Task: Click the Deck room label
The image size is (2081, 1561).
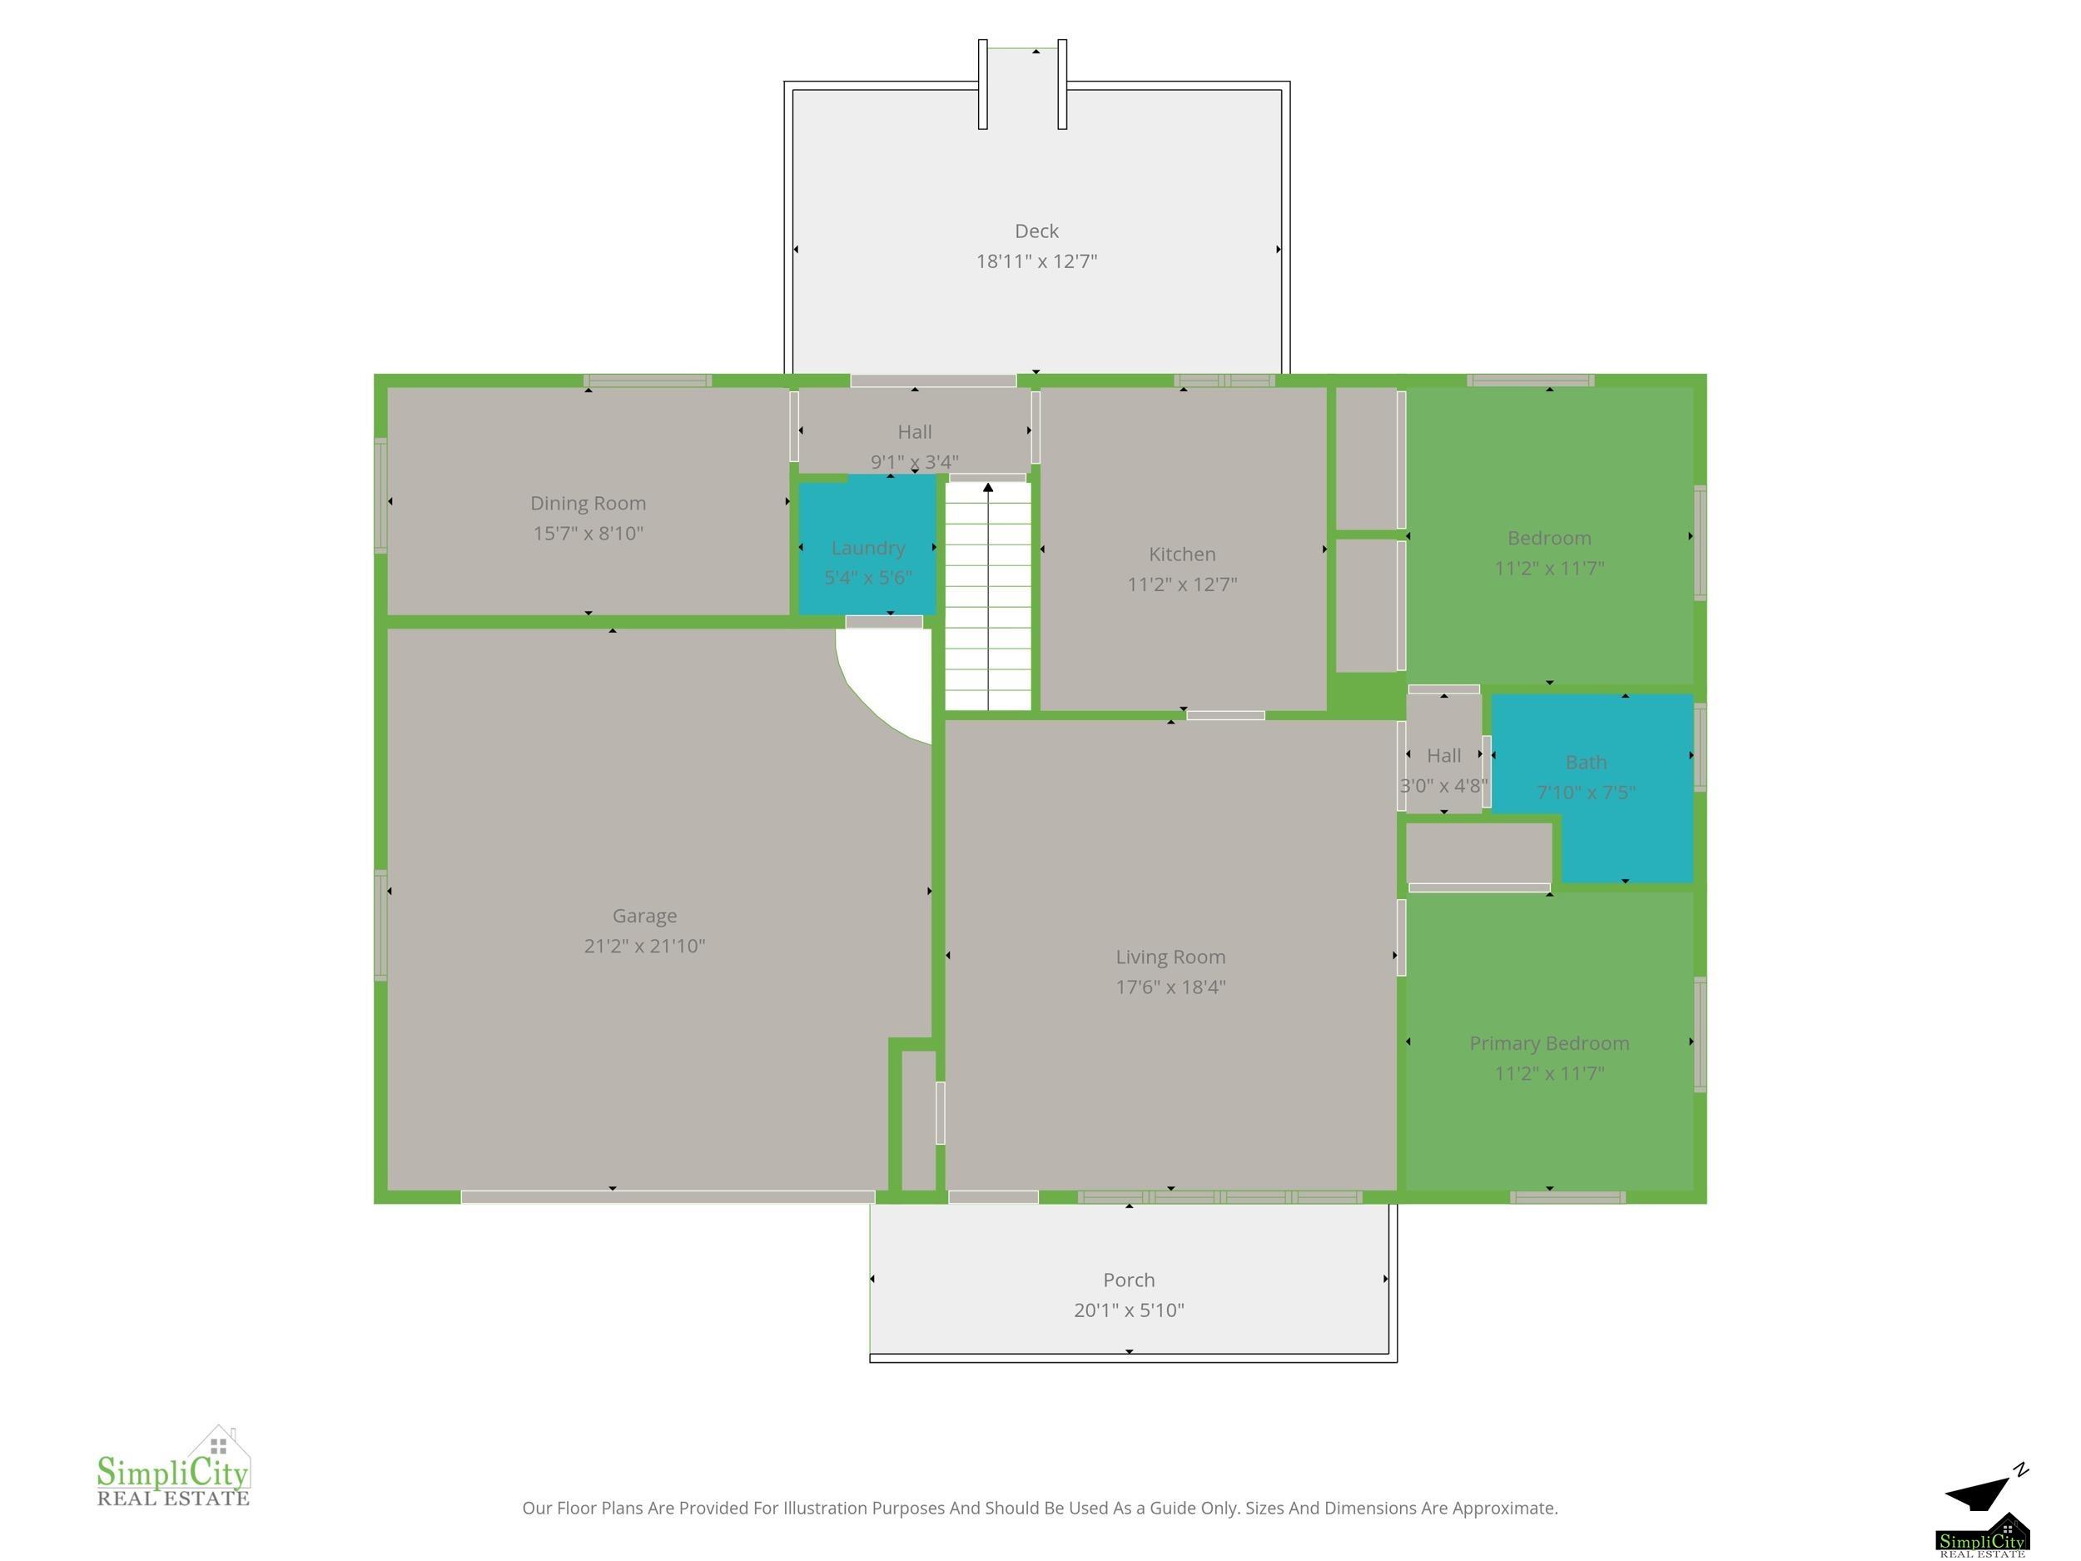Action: coord(1036,231)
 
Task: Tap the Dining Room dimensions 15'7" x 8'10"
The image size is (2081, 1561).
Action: coord(588,534)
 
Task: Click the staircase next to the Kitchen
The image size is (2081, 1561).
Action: coord(988,595)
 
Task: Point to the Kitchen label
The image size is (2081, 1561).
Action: coord(1182,554)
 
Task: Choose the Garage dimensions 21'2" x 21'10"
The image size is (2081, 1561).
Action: coord(644,946)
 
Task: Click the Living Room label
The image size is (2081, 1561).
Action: coord(1170,957)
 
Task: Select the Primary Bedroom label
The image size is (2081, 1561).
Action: coord(1548,1043)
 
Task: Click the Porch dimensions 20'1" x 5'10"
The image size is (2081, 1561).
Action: coord(1129,1310)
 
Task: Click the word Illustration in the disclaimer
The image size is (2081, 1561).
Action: coord(824,1509)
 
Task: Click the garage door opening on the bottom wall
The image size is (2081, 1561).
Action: coord(668,1197)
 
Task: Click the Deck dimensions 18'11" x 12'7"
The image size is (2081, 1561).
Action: coord(1036,261)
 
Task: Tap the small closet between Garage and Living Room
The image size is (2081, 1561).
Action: coord(918,1121)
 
